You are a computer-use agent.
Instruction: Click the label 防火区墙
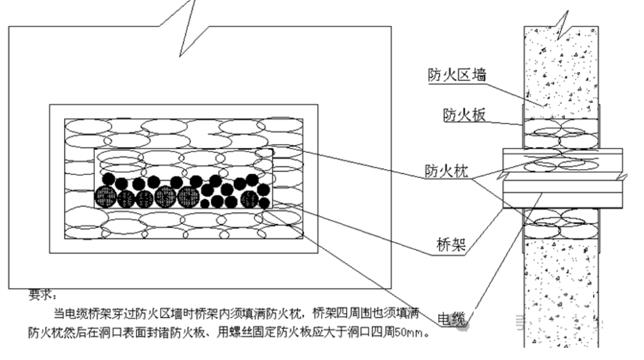point(457,75)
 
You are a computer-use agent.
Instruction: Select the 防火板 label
point(464,115)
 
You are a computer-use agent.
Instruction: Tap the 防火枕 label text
point(446,170)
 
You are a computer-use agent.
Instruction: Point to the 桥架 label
point(451,245)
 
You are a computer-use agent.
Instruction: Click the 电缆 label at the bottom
point(452,319)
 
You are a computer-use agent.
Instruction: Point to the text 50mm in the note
point(408,332)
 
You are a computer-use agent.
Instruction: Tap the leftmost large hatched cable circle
point(105,197)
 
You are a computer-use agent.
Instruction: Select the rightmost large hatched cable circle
point(250,198)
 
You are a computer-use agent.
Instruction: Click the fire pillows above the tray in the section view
point(561,133)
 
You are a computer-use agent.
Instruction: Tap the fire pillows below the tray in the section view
point(561,224)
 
